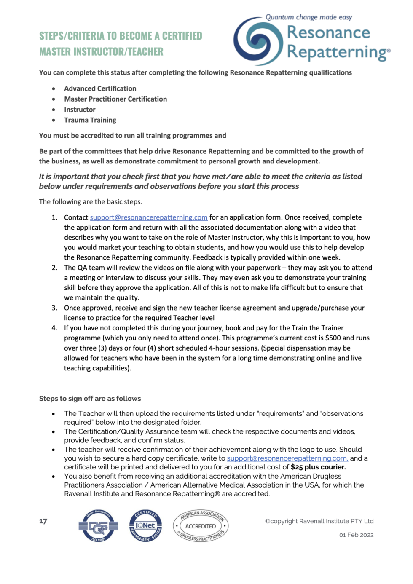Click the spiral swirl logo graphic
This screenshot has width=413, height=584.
click(258, 41)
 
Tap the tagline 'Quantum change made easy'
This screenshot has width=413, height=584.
click(308, 17)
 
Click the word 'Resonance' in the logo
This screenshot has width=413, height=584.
click(328, 33)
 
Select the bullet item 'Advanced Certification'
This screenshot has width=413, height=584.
click(100, 88)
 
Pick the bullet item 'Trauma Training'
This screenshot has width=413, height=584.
click(90, 120)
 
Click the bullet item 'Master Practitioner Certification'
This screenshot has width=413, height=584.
click(115, 99)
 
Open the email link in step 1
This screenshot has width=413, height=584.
click(148, 217)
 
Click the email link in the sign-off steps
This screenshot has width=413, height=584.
click(287, 458)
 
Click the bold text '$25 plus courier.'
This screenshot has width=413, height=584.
click(318, 467)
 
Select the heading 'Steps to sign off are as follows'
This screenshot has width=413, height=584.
click(90, 399)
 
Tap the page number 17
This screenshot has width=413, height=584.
click(43, 521)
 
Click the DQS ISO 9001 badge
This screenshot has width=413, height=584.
click(98, 525)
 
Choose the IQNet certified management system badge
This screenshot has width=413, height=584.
click(145, 525)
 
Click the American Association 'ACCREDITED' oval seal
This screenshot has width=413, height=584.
click(201, 526)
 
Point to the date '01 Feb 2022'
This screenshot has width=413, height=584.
click(356, 535)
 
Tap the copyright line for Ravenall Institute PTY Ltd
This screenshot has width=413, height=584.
click(319, 521)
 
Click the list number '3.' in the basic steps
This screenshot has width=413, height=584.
click(54, 308)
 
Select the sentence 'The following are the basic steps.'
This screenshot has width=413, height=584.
click(91, 202)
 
